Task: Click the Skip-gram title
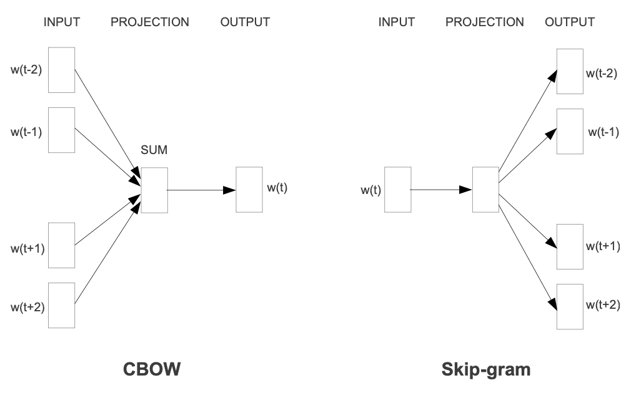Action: (x=485, y=369)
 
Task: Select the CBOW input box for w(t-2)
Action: (x=61, y=70)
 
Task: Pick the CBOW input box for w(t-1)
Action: (x=61, y=130)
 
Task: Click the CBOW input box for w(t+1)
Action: (x=61, y=245)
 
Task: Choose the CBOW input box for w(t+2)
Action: (x=61, y=305)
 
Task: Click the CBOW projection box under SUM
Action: (x=154, y=190)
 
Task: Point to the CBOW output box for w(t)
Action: (x=248, y=190)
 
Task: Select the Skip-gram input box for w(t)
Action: (x=396, y=190)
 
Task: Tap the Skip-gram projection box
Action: (x=485, y=190)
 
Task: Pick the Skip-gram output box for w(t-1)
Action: (x=570, y=130)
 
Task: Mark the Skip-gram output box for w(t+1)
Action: (x=570, y=245)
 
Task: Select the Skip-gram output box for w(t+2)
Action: (x=570, y=305)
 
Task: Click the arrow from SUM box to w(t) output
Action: (x=201, y=190)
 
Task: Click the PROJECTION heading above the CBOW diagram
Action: (x=149, y=22)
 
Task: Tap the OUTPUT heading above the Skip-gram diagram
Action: (x=569, y=22)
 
